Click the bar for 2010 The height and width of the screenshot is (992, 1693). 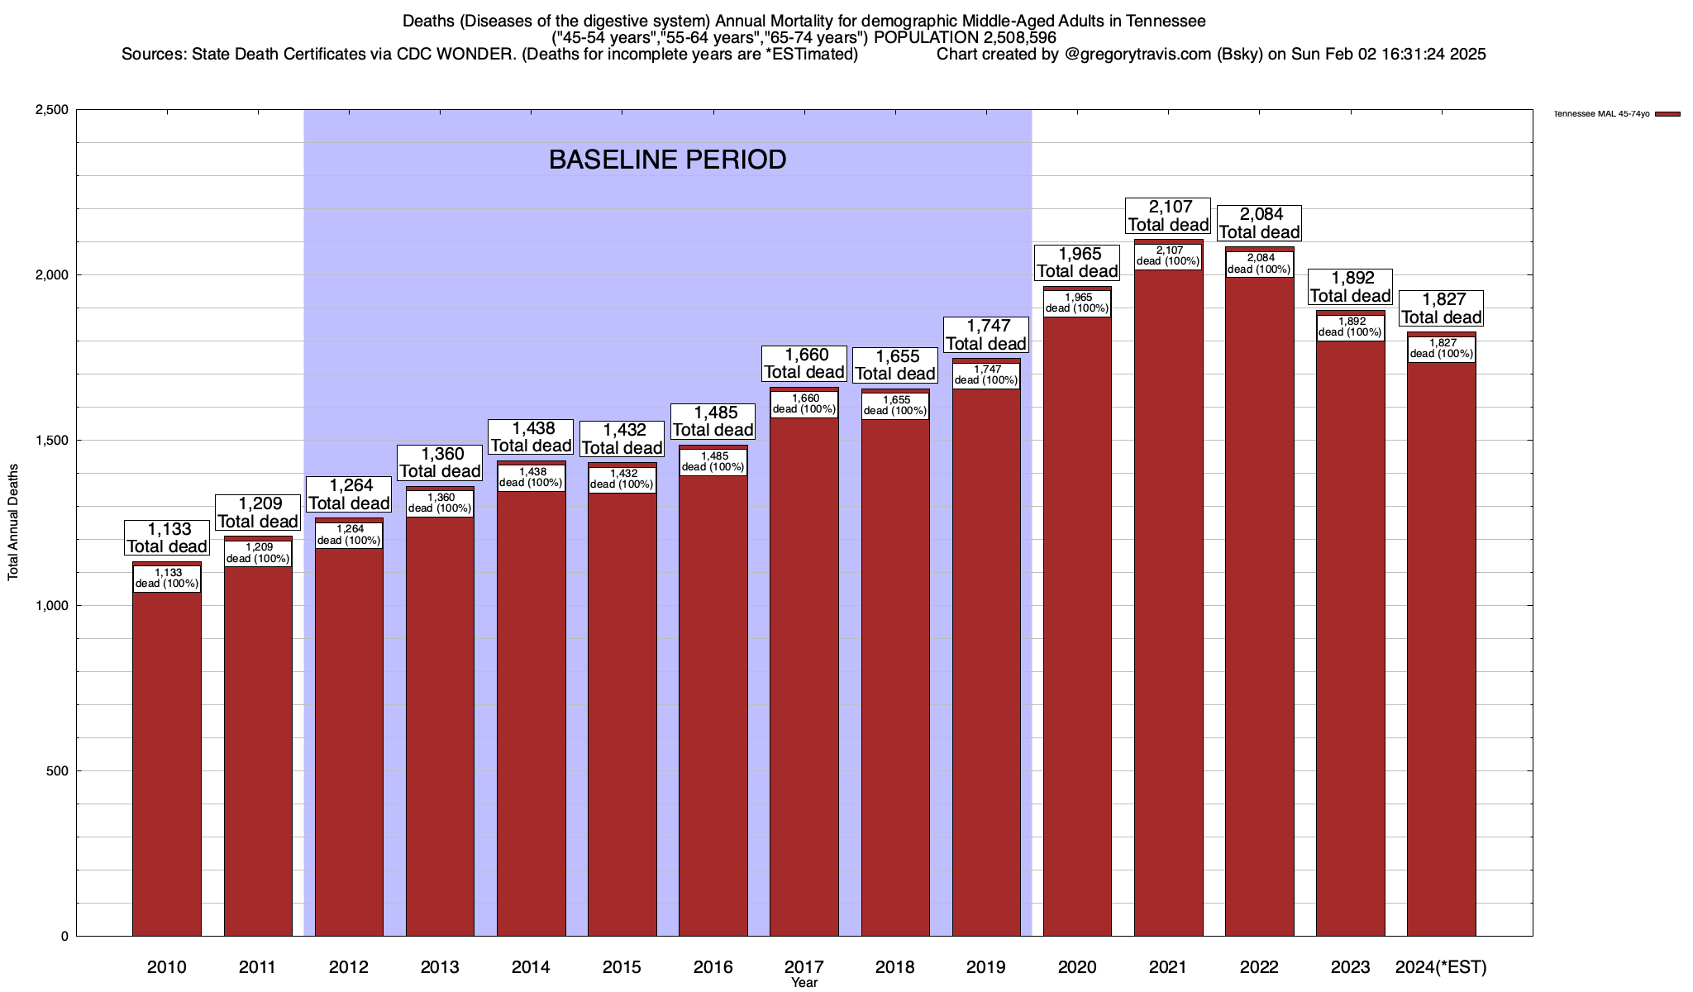(x=167, y=761)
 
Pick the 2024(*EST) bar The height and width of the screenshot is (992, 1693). (x=1441, y=653)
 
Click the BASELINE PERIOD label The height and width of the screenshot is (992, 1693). (x=667, y=160)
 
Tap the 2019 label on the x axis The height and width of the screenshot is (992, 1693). (x=986, y=966)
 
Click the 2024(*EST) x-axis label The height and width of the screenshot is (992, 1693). (x=1441, y=966)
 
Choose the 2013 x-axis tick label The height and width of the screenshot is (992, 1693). (x=440, y=966)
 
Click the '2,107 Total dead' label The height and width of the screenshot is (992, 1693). (x=1168, y=216)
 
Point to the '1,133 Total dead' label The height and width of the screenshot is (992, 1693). (x=167, y=537)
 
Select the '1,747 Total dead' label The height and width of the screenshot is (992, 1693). (x=986, y=335)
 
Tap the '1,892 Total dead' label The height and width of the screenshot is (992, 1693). (x=1350, y=287)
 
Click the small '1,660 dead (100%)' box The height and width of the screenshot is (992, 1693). (x=804, y=403)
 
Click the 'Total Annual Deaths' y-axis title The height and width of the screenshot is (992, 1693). (x=13, y=522)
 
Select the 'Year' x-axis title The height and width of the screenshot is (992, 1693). (x=804, y=982)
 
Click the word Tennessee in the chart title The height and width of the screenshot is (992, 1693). (x=1165, y=21)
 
